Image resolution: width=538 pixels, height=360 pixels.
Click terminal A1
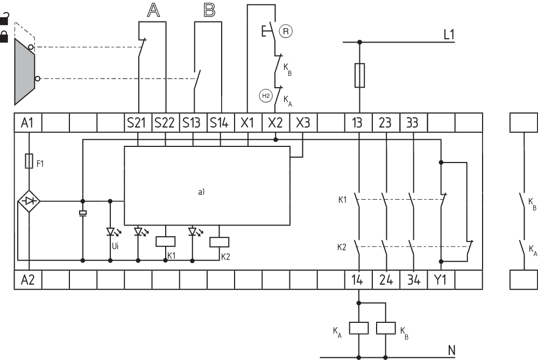tap(27, 123)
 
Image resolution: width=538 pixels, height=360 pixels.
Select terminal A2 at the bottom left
tap(27, 280)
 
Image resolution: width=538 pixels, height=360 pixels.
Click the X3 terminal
tap(303, 123)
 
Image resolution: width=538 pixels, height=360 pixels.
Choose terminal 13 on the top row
tap(358, 123)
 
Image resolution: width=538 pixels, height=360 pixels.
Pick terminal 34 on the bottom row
tap(413, 280)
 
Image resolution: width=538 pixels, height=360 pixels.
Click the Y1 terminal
tap(441, 280)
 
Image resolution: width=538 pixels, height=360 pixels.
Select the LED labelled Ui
tap(110, 232)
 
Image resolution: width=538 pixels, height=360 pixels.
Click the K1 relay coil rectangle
tap(165, 241)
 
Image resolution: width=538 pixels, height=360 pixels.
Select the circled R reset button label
tap(287, 31)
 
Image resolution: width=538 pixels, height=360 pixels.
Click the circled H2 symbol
tap(265, 96)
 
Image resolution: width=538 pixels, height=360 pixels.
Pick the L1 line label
tap(449, 35)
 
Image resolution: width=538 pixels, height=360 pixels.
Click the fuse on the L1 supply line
tap(359, 75)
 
